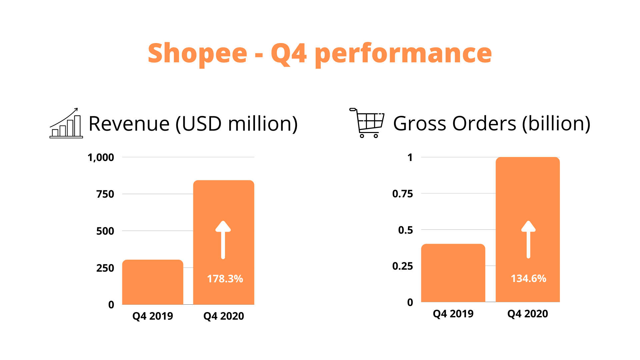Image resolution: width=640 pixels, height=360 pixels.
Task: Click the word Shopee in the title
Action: pyautogui.click(x=197, y=54)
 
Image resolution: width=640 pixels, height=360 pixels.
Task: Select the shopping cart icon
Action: pyautogui.click(x=367, y=123)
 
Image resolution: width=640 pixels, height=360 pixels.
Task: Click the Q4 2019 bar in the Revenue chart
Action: pyautogui.click(x=153, y=282)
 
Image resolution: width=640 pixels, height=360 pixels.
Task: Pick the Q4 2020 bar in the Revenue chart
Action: pyautogui.click(x=224, y=242)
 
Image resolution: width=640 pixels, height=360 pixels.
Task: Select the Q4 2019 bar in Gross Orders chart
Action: pyautogui.click(x=453, y=273)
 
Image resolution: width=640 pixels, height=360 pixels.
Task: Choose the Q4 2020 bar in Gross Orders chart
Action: pyautogui.click(x=528, y=229)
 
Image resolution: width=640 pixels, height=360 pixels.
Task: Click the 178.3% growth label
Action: pyautogui.click(x=225, y=279)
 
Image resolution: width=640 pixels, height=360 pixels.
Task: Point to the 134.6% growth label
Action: pyautogui.click(x=529, y=278)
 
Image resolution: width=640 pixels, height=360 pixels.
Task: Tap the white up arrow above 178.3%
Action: pyautogui.click(x=223, y=240)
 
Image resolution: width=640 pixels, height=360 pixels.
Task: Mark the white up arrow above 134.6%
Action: pyautogui.click(x=528, y=239)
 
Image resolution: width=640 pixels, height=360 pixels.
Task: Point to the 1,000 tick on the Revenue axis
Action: pyautogui.click(x=101, y=157)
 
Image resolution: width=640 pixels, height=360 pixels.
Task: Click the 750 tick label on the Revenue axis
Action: pyautogui.click(x=105, y=194)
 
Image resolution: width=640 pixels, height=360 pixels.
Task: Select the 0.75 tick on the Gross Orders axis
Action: pyautogui.click(x=403, y=194)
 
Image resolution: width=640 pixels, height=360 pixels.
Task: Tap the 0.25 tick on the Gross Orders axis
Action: pyautogui.click(x=403, y=266)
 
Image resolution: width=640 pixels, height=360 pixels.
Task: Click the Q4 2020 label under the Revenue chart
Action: pyautogui.click(x=224, y=316)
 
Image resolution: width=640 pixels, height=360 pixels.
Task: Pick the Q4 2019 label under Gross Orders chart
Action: pyautogui.click(x=453, y=314)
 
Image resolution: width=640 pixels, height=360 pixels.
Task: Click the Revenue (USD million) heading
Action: pyautogui.click(x=193, y=124)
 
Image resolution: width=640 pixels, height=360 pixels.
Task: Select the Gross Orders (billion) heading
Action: pyautogui.click(x=492, y=123)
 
